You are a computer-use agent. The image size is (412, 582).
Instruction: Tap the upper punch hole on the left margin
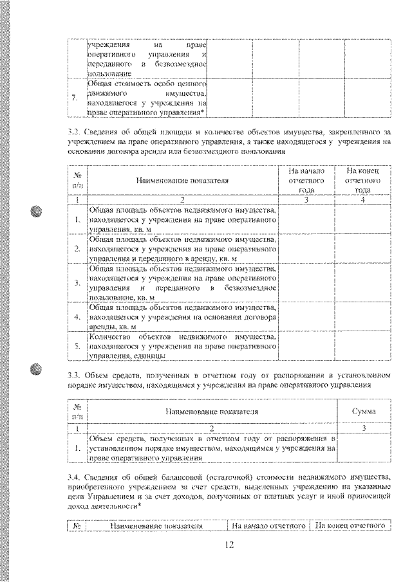coord(35,213)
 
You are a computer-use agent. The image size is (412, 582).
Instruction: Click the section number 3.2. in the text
coord(75,132)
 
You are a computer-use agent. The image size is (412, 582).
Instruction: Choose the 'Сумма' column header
coord(363,411)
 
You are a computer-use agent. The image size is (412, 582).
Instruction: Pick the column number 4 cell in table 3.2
coord(363,201)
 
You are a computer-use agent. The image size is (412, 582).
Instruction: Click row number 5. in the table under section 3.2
coord(77,346)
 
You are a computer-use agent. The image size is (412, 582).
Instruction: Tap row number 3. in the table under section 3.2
coord(77,282)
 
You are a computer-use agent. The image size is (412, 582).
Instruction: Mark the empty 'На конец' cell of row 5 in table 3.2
coord(363,346)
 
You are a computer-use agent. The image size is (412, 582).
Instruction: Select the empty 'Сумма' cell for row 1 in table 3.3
coord(363,448)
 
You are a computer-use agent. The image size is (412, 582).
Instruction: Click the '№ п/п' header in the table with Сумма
coord(77,411)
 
